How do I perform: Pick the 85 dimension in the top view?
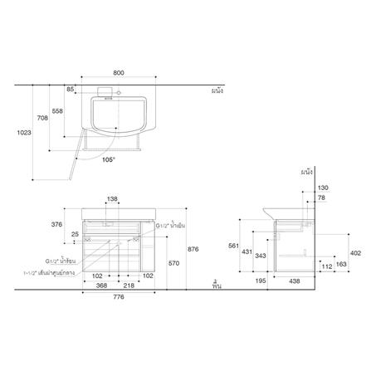pos(71,89)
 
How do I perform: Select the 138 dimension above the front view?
pos(113,199)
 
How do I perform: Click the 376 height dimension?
pos(58,223)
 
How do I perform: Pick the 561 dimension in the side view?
pos(235,247)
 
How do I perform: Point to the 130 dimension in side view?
pos(324,188)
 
